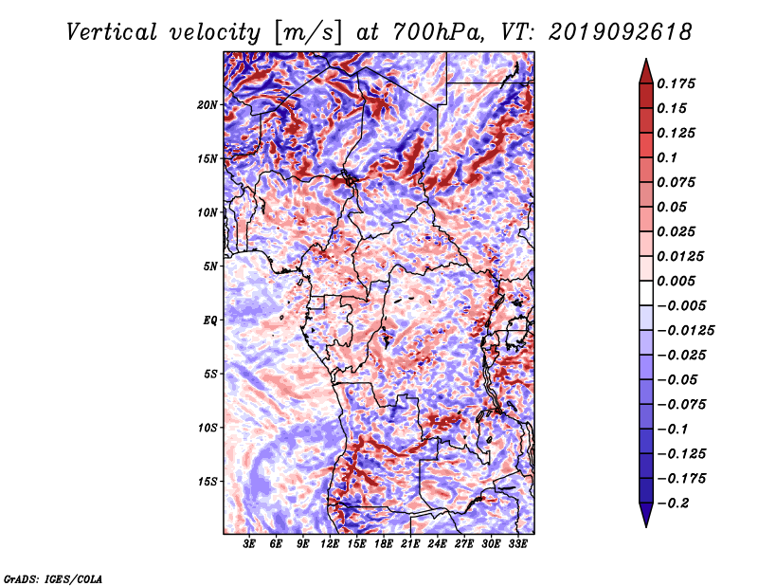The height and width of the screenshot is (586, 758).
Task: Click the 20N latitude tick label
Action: pos(208,105)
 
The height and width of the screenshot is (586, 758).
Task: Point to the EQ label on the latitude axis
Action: pos(209,320)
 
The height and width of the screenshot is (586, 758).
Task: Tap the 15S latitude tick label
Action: pos(208,482)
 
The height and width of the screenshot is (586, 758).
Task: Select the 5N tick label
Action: pos(210,266)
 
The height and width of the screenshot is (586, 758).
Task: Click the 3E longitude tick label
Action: pos(249,544)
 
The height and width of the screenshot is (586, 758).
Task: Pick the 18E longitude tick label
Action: pos(384,544)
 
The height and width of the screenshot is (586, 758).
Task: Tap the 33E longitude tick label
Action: pos(517,544)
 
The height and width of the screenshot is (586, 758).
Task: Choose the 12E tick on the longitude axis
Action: pos(330,544)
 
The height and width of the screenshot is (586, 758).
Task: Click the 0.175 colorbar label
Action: pos(676,83)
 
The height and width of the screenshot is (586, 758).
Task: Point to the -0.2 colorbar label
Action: pos(673,504)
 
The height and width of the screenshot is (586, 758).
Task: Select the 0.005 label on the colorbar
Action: pos(676,281)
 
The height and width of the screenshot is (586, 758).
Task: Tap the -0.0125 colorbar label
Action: pos(685,331)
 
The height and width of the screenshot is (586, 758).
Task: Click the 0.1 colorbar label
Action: pos(667,157)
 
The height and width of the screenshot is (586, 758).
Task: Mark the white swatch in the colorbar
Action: pos(646,293)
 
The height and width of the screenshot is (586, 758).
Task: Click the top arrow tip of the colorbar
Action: pos(646,59)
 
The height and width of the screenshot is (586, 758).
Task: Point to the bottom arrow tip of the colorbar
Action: pos(646,527)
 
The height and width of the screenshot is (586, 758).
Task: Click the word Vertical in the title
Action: pos(112,32)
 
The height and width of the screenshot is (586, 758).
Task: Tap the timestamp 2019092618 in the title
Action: pos(621,32)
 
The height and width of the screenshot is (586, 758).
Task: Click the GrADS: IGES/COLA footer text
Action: pos(53,579)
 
